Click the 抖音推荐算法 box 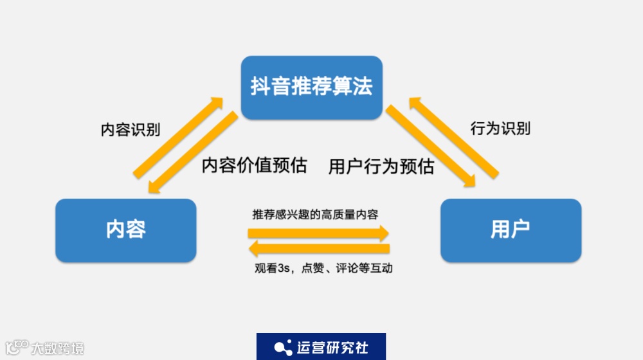click(x=312, y=86)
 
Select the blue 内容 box click(x=125, y=230)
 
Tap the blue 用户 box click(x=511, y=230)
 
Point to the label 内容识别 click(x=131, y=129)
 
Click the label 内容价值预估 click(x=254, y=166)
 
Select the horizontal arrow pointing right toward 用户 click(x=319, y=233)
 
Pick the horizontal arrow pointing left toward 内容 click(x=319, y=249)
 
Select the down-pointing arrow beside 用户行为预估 click(x=430, y=147)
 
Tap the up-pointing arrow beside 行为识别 click(x=453, y=137)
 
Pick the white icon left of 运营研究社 click(x=283, y=348)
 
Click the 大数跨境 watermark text click(x=58, y=349)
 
